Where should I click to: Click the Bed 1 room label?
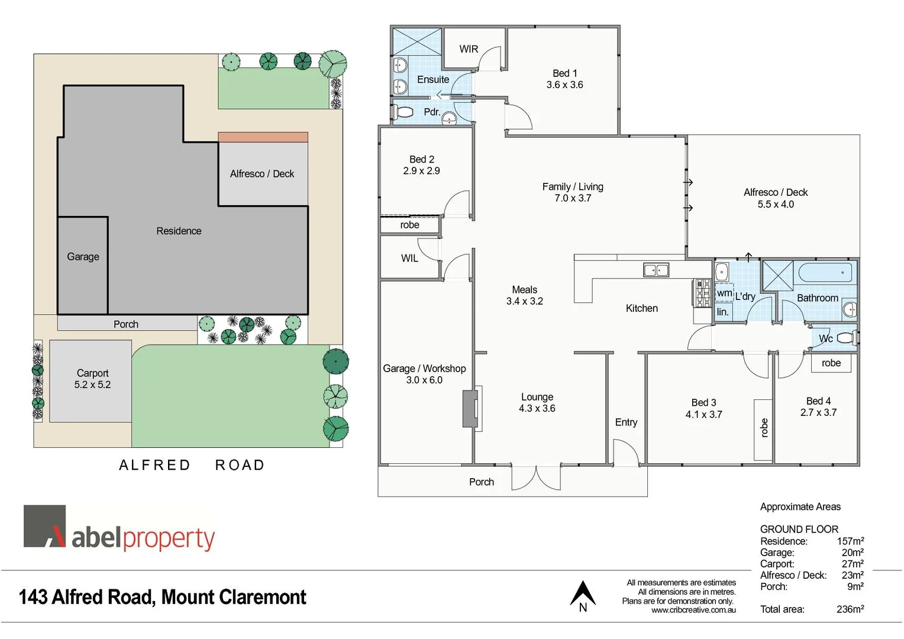click(564, 73)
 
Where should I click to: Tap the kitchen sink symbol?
click(656, 270)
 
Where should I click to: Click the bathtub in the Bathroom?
click(825, 273)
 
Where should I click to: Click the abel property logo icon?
click(45, 526)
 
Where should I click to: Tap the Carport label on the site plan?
click(92, 373)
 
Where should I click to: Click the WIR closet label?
click(469, 49)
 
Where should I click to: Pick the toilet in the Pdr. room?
click(405, 112)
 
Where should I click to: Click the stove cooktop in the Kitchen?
click(702, 293)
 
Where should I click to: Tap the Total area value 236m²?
click(850, 609)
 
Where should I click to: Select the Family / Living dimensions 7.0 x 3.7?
click(573, 198)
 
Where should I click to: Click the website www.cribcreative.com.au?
click(693, 610)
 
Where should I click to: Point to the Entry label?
click(626, 422)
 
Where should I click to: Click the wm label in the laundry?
click(724, 293)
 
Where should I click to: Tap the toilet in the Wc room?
click(845, 338)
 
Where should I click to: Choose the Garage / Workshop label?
click(424, 369)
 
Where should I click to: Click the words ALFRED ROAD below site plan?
click(192, 465)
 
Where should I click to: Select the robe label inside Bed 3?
click(764, 427)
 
